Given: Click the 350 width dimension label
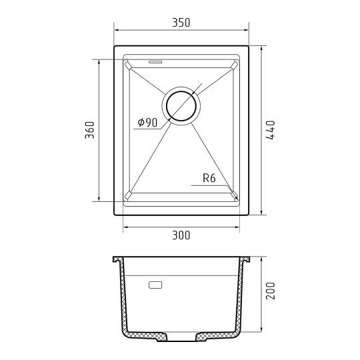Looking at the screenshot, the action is [181, 23].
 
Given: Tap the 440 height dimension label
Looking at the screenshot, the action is [270, 130].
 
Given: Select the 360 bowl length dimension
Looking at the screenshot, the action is [89, 130].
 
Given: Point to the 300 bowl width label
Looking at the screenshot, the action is [181, 235].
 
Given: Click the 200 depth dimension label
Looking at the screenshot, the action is [270, 291].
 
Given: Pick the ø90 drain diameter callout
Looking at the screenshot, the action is [147, 123].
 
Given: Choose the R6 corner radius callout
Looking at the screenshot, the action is [209, 178].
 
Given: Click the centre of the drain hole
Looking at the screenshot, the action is [181, 106].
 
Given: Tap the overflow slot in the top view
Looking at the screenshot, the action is [155, 62].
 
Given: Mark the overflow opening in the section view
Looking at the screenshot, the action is [155, 285].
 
